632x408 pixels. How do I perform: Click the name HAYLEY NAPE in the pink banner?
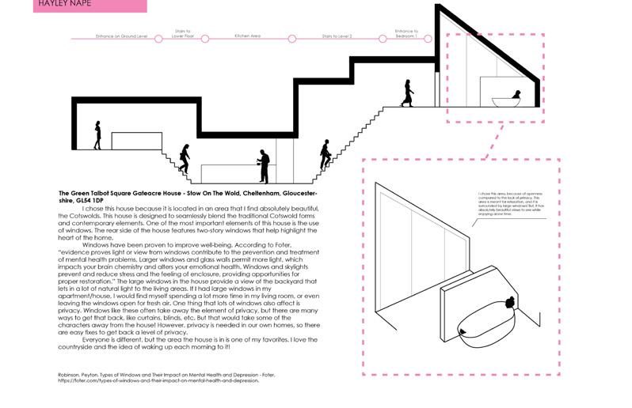click(65, 5)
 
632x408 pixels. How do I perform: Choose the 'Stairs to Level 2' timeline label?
click(337, 35)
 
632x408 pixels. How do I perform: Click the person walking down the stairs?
click(185, 158)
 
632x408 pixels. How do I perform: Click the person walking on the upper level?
click(408, 93)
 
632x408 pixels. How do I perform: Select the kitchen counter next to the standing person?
click(230, 173)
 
